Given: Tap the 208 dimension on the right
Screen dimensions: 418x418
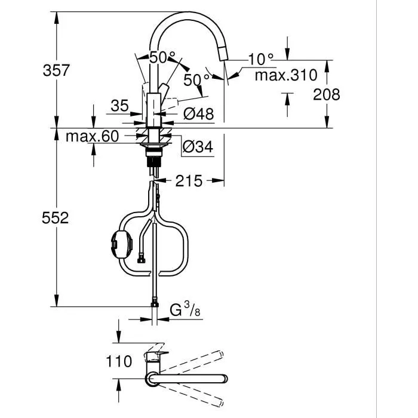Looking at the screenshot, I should [x=327, y=94].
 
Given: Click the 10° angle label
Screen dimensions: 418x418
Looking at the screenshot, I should [x=261, y=59].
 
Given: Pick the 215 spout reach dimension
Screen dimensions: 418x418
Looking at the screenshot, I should [x=188, y=180].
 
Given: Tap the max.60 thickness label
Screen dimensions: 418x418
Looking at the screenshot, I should [x=93, y=137].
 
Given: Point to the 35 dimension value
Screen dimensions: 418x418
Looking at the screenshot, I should [x=119, y=106].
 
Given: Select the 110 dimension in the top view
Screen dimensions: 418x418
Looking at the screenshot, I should [x=119, y=361].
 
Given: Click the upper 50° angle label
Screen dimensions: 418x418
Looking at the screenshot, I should [x=162, y=59].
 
